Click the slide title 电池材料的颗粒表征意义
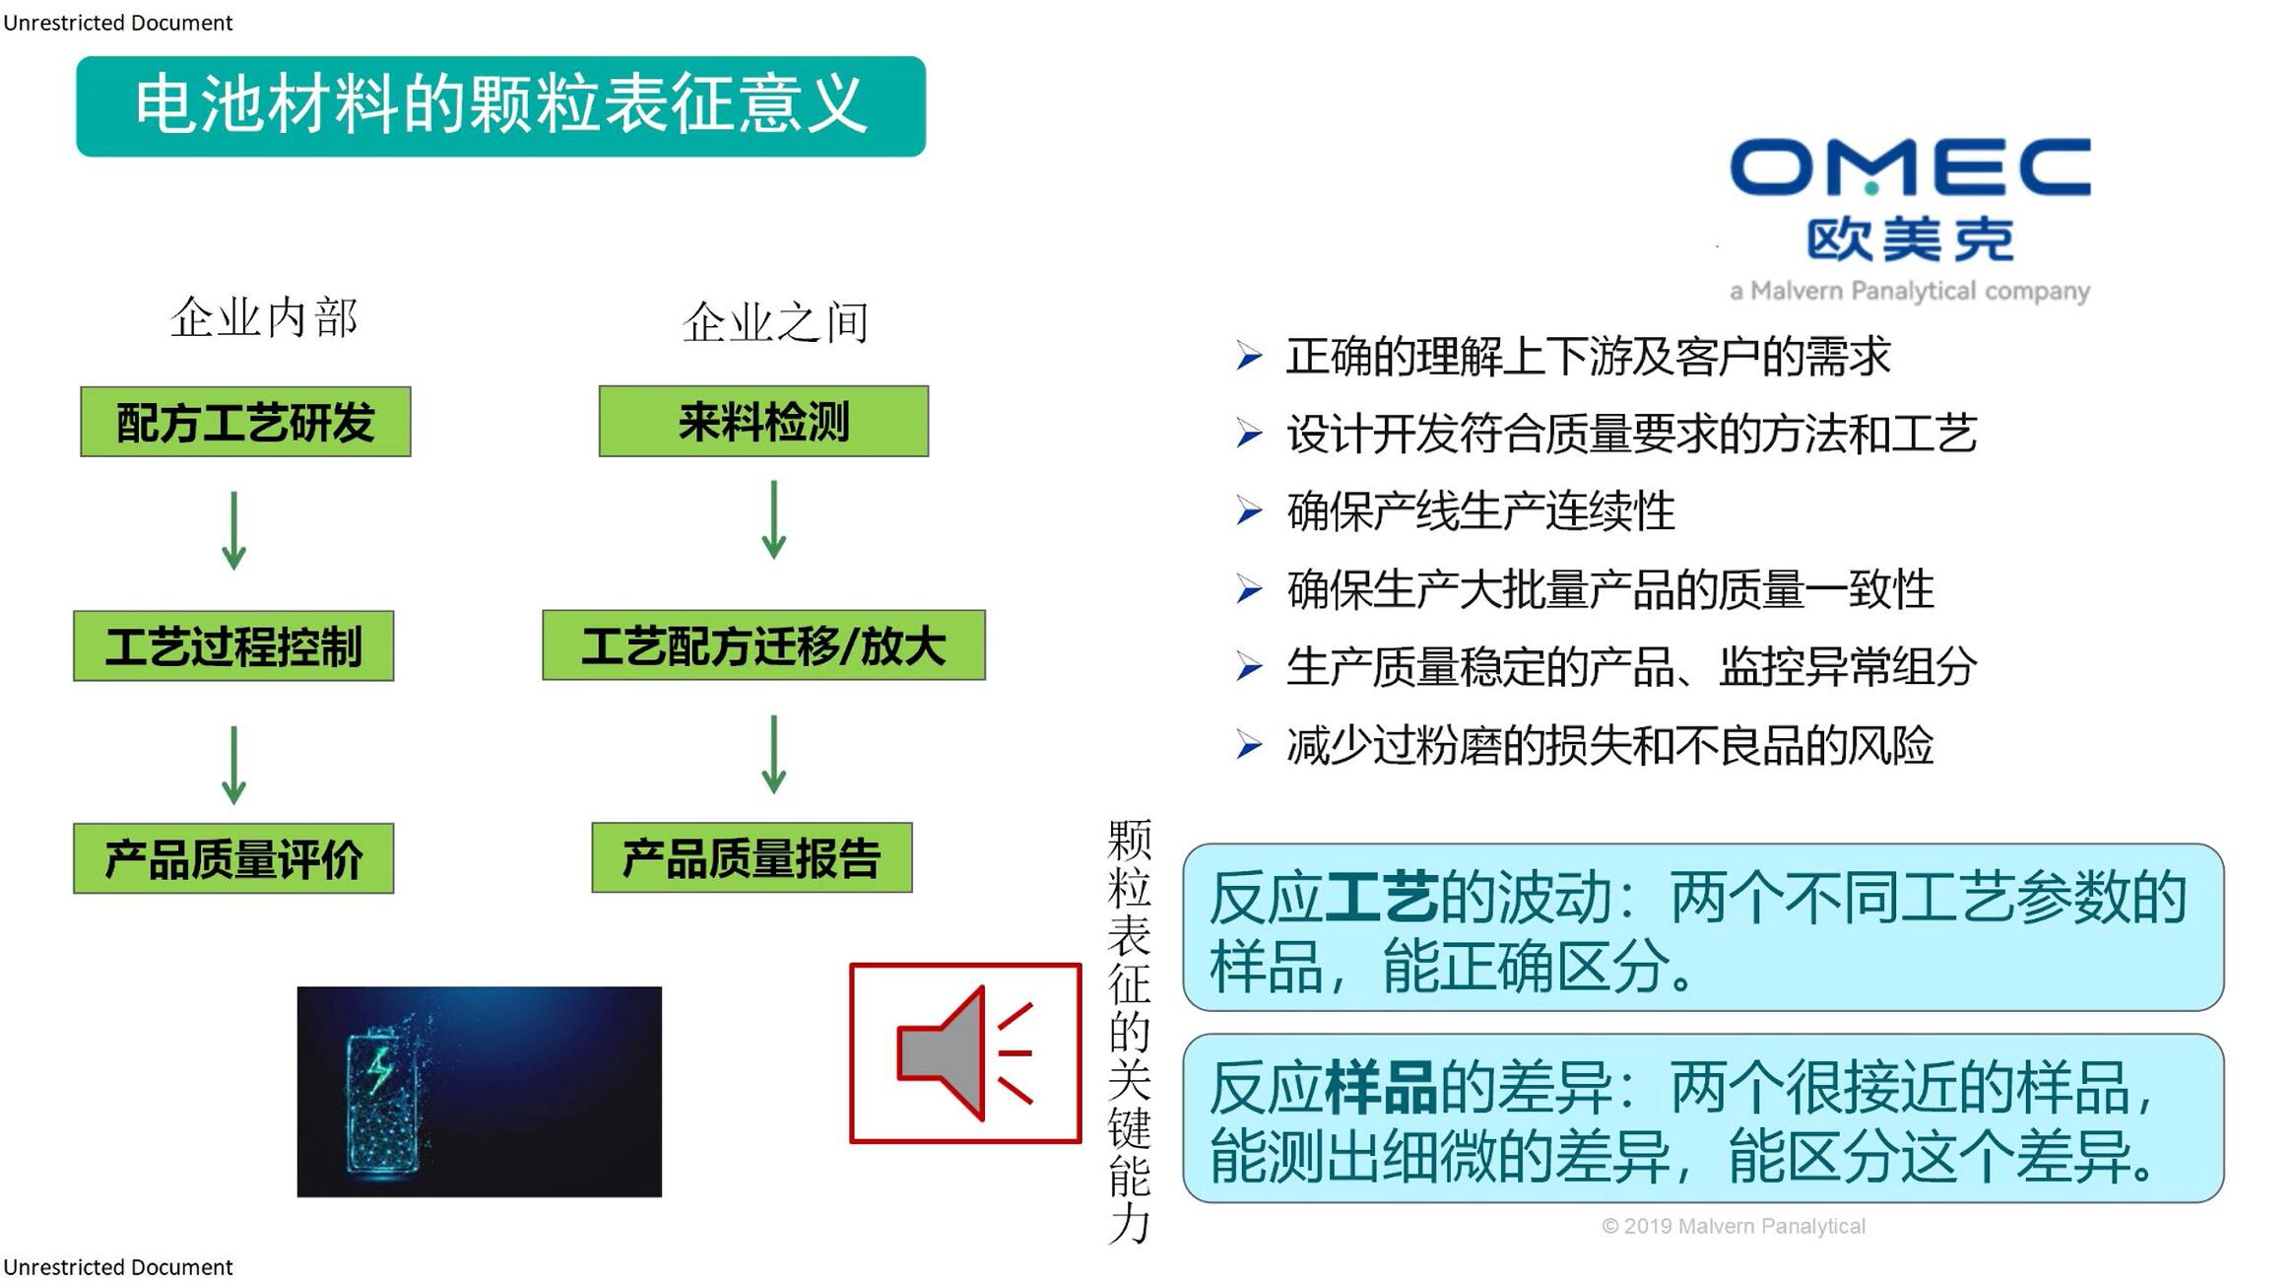click(x=500, y=105)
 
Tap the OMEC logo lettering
click(x=1910, y=167)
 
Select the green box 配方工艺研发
click(x=245, y=422)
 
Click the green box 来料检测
click(x=763, y=421)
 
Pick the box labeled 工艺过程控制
click(x=233, y=645)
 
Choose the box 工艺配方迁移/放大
click(x=763, y=644)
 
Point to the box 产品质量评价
click(x=233, y=858)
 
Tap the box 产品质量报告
click(x=752, y=857)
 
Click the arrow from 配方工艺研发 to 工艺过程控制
click(x=233, y=530)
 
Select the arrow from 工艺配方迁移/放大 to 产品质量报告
click(x=774, y=754)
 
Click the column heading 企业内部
click(x=264, y=317)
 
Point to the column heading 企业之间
click(x=776, y=322)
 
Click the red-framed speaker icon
click(x=965, y=1053)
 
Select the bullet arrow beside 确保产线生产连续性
click(x=1249, y=510)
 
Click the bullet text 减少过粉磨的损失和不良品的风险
click(x=1610, y=745)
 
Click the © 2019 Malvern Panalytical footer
click(x=1734, y=1226)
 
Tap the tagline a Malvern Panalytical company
click(x=1910, y=291)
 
